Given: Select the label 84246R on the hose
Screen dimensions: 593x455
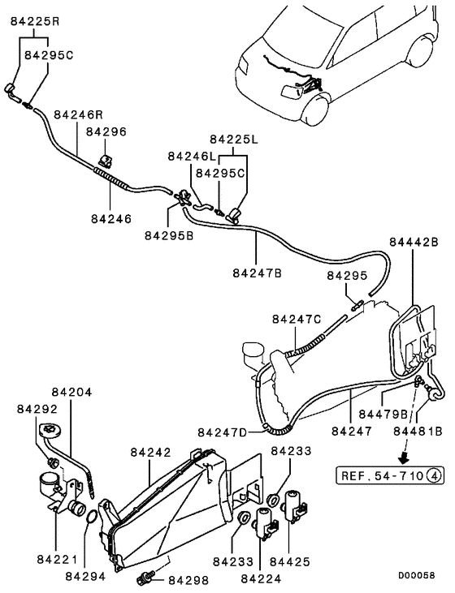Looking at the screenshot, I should click(x=80, y=115).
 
